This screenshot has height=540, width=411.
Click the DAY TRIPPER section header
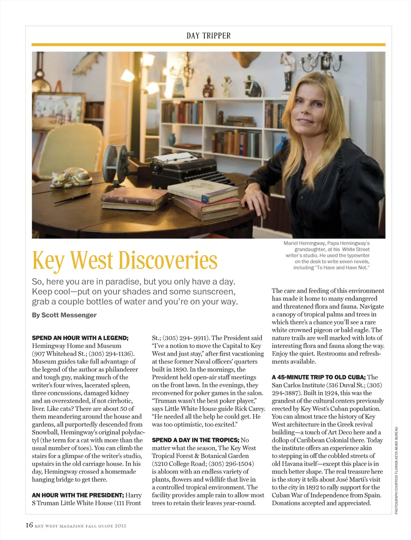point(208,36)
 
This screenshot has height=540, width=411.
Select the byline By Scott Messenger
point(64,315)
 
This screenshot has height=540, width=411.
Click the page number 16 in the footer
point(29,525)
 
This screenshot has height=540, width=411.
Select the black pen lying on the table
point(72,198)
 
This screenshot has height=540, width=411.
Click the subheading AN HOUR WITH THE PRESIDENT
point(78,495)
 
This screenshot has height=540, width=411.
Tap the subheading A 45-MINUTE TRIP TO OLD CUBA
point(319,377)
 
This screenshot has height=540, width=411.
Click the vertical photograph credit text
point(396,470)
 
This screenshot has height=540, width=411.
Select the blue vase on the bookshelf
point(172,140)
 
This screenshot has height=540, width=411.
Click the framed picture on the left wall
point(59,108)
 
